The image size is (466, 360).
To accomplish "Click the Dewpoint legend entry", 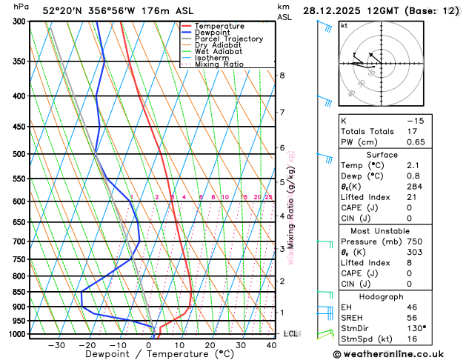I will point(210,33).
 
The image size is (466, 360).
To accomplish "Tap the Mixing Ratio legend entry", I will point(219,64).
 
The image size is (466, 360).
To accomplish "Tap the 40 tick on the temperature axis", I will point(271,345).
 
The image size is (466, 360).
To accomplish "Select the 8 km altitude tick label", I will point(282,76).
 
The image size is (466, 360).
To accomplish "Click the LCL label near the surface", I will point(290,334).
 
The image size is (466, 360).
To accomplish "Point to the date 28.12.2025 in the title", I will point(333,10).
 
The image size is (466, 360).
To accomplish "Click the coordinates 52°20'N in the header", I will point(65,10).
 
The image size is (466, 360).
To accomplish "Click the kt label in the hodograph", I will point(344,26).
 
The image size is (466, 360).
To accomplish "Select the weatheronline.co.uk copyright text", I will point(395,354).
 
